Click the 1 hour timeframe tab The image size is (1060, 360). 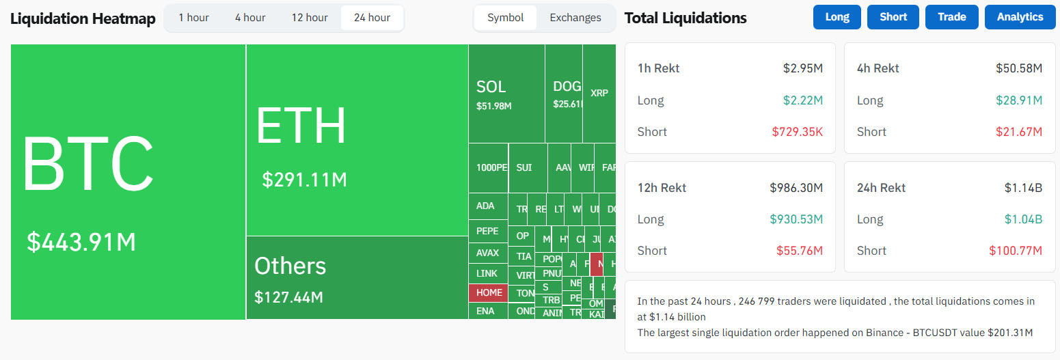click(x=193, y=18)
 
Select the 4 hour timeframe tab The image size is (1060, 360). click(x=250, y=18)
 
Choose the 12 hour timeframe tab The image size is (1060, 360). click(x=310, y=18)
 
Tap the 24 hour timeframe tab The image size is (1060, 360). click(x=372, y=18)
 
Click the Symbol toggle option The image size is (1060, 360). click(x=506, y=18)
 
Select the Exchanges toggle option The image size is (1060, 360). click(x=575, y=18)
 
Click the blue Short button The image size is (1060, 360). click(x=893, y=17)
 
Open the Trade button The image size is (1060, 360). click(x=951, y=17)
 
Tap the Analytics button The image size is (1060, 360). click(x=1020, y=17)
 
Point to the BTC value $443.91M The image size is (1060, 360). click(x=81, y=242)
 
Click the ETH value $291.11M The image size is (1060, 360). click(x=305, y=180)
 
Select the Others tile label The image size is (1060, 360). click(x=290, y=266)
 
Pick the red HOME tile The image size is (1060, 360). click(x=489, y=292)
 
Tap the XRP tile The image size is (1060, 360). click(x=599, y=93)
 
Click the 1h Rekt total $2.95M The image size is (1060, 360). click(x=803, y=68)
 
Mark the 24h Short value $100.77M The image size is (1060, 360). click(x=1016, y=251)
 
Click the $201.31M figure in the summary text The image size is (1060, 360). click(x=1010, y=333)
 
